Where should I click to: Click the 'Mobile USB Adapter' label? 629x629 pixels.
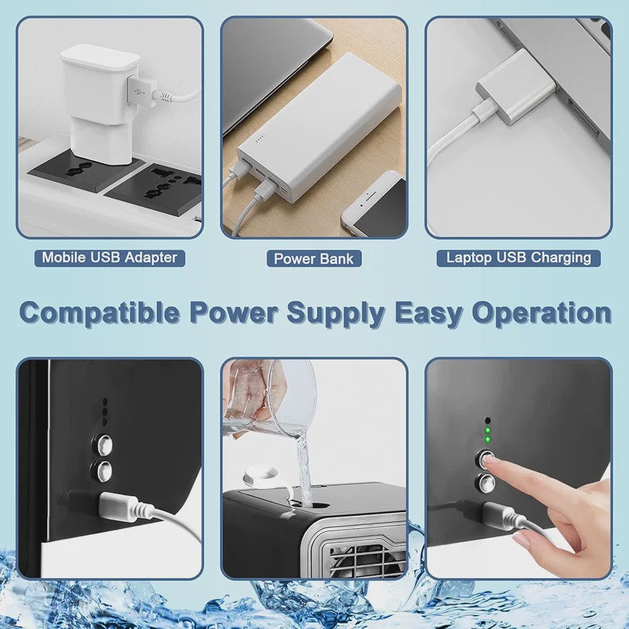click(110, 258)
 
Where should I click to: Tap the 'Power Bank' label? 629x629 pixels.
click(314, 258)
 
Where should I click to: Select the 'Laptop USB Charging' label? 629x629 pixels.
click(519, 258)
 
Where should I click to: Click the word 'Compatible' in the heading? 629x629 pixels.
click(99, 313)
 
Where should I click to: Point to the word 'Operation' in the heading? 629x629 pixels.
click(541, 312)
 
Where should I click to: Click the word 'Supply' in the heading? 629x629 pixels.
click(336, 314)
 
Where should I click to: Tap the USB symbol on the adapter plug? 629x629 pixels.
click(139, 91)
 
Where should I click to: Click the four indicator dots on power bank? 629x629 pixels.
click(259, 141)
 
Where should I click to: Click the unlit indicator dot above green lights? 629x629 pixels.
click(488, 421)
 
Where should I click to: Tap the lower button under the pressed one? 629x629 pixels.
click(485, 483)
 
